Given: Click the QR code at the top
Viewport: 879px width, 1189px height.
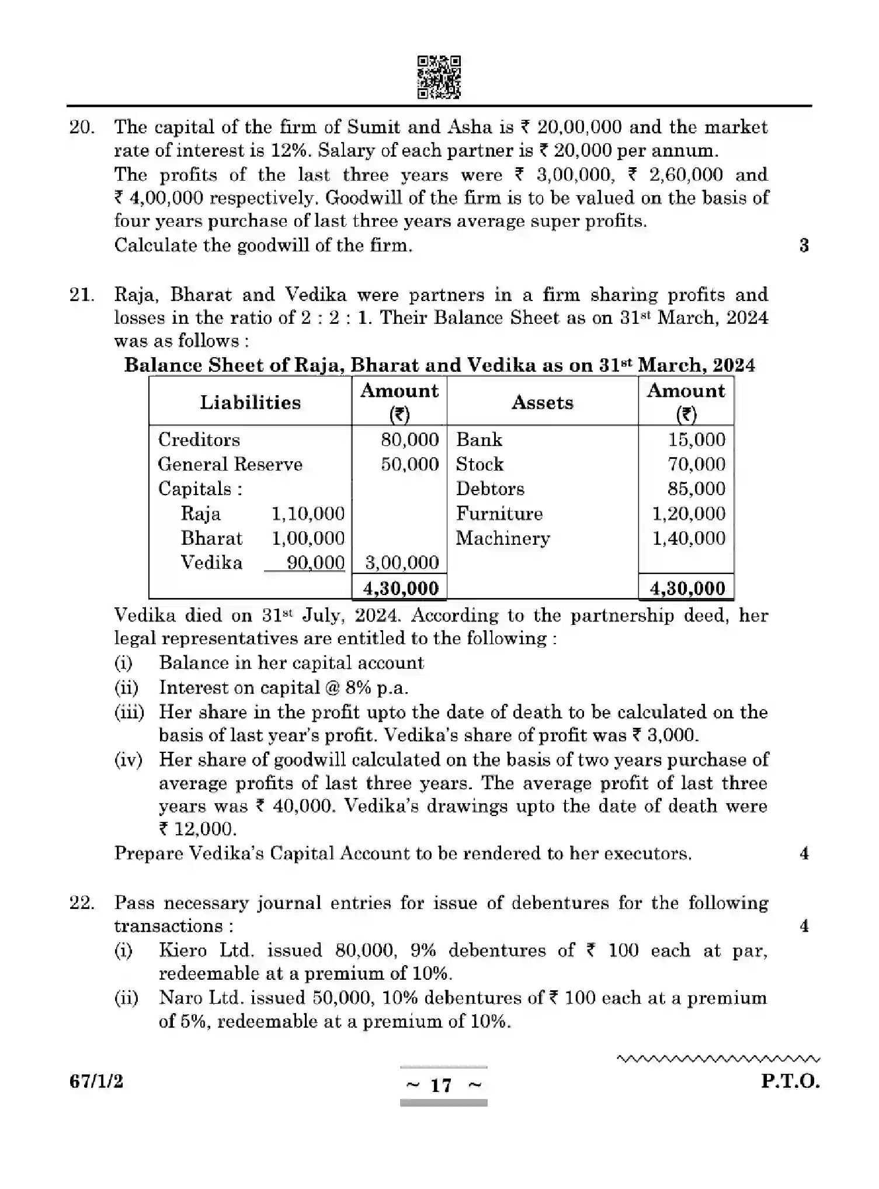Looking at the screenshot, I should [439, 77].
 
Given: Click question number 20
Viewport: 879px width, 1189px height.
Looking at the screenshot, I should [82, 127].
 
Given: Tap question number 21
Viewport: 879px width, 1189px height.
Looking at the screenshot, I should [82, 295].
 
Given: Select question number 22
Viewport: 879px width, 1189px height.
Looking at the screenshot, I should [82, 903].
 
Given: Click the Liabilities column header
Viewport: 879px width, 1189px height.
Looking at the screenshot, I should [250, 402].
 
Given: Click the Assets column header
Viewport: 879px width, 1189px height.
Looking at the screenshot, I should [542, 402].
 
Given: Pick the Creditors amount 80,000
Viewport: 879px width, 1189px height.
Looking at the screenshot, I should [409, 440].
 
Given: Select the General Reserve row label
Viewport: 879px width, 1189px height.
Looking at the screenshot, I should [230, 464].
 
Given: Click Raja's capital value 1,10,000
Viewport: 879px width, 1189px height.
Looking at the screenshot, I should [308, 513].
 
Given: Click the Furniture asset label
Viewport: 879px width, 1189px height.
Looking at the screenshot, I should [499, 513].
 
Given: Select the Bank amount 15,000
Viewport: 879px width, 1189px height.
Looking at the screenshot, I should [696, 440].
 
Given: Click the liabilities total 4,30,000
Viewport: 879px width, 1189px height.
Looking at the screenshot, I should [401, 588].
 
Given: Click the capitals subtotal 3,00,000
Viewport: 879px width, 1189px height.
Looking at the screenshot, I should [402, 562].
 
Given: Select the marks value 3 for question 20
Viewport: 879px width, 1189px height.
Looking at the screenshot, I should [804, 246].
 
